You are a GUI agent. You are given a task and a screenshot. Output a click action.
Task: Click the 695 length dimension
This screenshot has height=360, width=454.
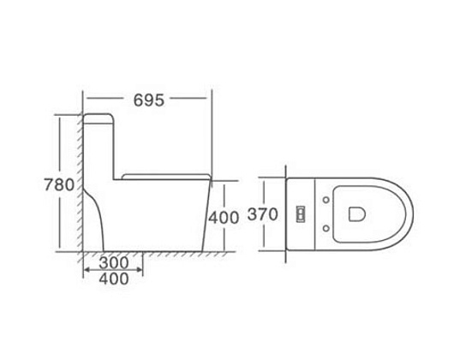coord(149,100)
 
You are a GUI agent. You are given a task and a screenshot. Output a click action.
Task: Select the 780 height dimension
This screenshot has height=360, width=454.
coord(59,185)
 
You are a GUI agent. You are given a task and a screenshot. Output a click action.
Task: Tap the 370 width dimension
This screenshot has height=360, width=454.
coord(263,214)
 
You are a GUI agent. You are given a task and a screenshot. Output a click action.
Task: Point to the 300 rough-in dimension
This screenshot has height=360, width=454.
coord(113,263)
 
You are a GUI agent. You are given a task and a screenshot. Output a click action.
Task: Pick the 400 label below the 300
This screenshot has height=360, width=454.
coord(114,279)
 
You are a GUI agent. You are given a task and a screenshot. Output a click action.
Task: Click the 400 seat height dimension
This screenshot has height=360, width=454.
coord(224,218)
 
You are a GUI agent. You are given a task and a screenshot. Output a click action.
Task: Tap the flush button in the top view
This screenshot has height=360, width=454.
coord(301,213)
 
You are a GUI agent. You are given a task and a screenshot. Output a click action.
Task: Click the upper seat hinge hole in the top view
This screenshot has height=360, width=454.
coord(326,200)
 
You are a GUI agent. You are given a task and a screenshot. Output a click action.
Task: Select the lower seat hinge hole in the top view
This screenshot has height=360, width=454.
coord(326,229)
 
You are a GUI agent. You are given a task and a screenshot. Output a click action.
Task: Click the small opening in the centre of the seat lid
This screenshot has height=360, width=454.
coord(356,214)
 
